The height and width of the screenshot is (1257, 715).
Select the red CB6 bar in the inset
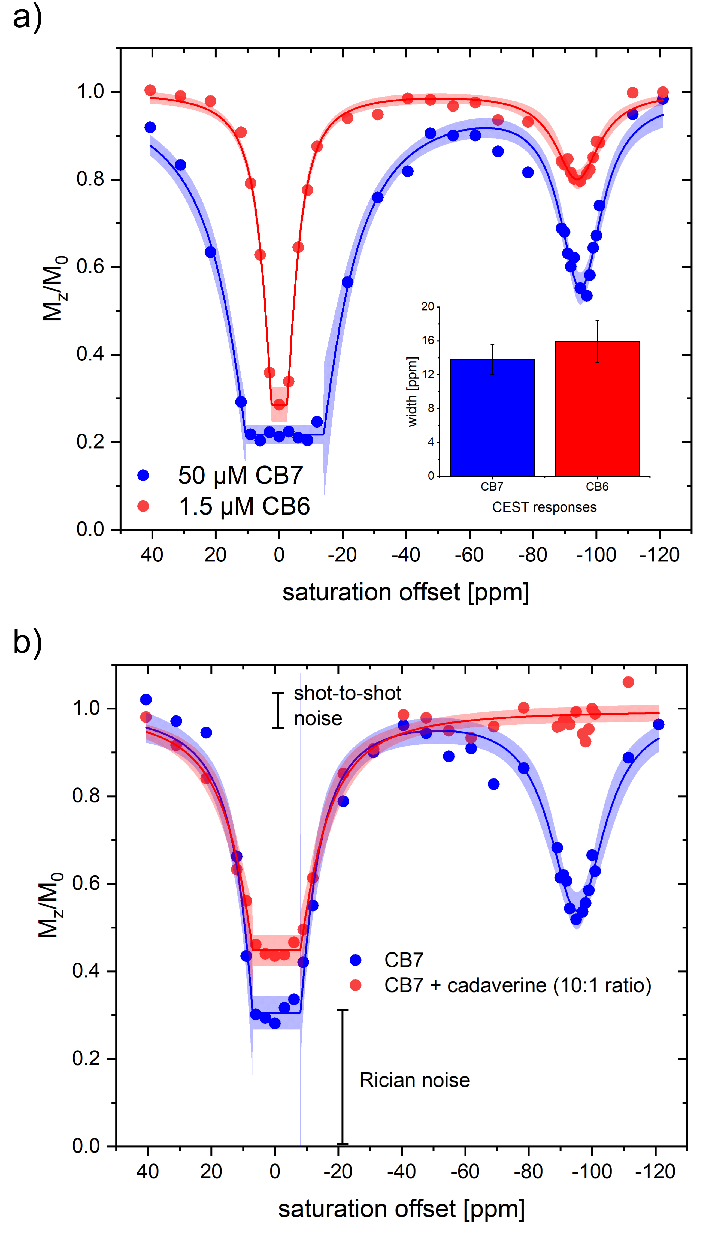click(x=597, y=409)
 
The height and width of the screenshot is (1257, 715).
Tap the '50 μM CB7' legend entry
click(x=240, y=475)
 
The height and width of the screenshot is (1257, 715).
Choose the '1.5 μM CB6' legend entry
click(x=244, y=506)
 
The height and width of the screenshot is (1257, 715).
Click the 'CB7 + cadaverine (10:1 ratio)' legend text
click(x=518, y=985)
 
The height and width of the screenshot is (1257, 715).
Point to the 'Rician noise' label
click(x=414, y=1080)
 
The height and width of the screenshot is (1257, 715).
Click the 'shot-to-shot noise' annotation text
click(x=347, y=706)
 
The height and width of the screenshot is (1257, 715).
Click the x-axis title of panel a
click(x=406, y=592)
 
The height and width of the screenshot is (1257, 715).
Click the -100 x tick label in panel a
click(x=596, y=555)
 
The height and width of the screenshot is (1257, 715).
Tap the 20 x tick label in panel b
click(x=211, y=1171)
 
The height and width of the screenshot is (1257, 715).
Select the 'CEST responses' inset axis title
click(x=544, y=507)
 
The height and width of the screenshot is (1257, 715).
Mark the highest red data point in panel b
click(x=628, y=682)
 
